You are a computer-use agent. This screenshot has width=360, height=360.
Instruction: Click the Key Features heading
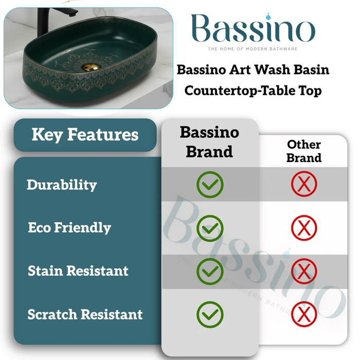(x=85, y=135)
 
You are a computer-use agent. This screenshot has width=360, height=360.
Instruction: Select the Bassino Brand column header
(x=209, y=141)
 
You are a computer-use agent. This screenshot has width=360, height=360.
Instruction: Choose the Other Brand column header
(x=304, y=151)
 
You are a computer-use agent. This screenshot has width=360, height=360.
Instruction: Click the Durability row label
(x=62, y=185)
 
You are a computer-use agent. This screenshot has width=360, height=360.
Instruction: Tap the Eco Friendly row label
(x=69, y=228)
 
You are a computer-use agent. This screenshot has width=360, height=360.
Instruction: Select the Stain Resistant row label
(x=78, y=271)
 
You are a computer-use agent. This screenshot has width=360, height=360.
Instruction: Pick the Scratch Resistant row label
(x=85, y=314)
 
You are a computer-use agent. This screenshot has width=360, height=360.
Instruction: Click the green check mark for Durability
(x=210, y=185)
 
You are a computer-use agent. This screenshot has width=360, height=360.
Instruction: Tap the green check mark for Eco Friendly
(x=210, y=228)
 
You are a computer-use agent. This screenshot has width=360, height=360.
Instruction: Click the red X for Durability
(x=304, y=185)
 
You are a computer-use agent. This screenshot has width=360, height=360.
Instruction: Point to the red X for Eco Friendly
(x=304, y=228)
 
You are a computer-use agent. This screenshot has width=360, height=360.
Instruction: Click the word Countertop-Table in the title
(x=231, y=91)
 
